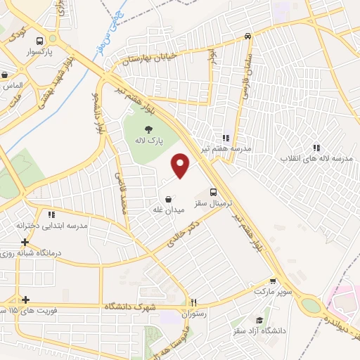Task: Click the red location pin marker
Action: point(181,165)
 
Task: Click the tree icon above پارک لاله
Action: point(148,129)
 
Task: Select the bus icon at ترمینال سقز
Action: point(214,191)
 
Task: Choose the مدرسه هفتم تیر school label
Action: point(226,150)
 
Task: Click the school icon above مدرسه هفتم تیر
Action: point(226,139)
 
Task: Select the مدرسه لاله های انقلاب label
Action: point(316,159)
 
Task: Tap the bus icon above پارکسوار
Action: point(39,40)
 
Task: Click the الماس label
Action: point(12,85)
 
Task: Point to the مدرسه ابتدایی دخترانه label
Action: point(51,226)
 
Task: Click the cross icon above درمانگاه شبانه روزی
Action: point(25,241)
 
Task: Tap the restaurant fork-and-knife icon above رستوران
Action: point(193,302)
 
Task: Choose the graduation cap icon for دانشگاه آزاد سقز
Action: point(266,319)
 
